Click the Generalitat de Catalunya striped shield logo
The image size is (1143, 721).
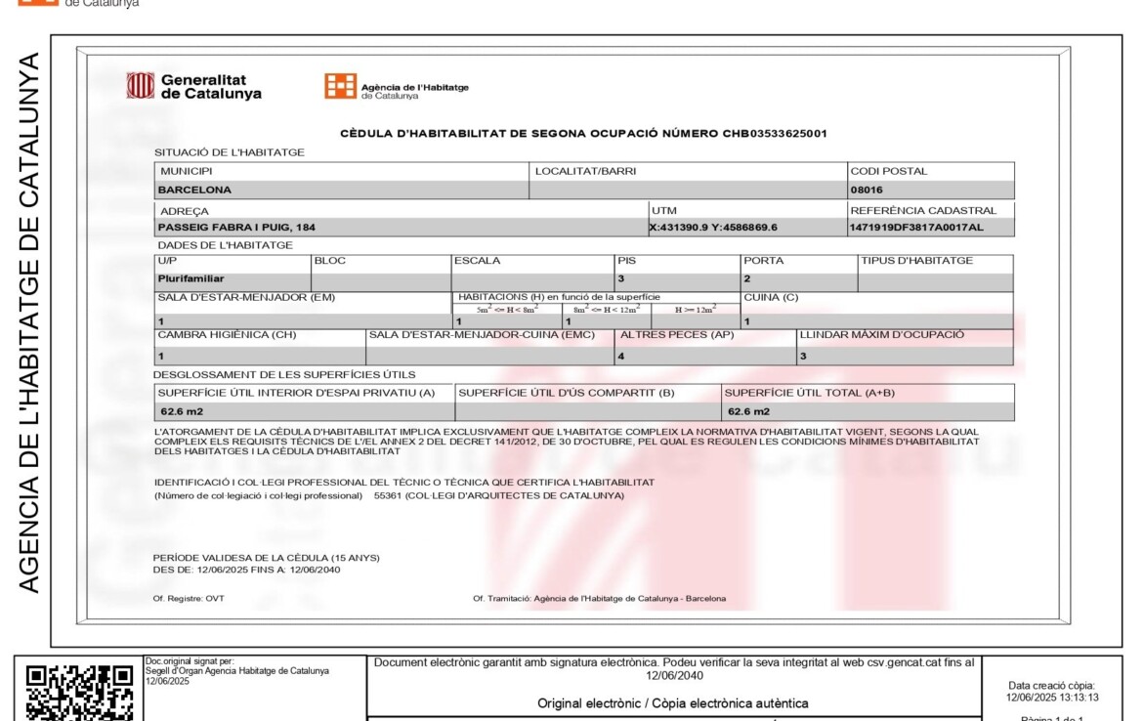point(141,86)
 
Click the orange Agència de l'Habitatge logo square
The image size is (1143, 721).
point(340,86)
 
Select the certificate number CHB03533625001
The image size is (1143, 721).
point(775,133)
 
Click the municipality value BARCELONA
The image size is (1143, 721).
point(194,190)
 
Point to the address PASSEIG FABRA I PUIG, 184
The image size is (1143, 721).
point(236,228)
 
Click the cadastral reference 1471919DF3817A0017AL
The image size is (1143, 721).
point(915,228)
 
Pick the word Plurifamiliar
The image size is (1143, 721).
point(190,278)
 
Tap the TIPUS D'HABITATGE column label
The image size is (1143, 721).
point(916,261)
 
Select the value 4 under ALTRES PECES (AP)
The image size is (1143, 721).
point(621,357)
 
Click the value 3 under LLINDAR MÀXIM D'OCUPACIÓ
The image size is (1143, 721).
point(803,357)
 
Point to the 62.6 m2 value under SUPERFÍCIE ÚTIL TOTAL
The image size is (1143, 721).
point(748,411)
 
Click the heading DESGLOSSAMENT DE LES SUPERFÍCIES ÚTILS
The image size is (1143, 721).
point(284,374)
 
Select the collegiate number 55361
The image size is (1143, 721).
point(388,495)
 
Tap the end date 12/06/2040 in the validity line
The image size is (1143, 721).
point(314,569)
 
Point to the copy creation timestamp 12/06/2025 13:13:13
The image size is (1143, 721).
point(1052,698)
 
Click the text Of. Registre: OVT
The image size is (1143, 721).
point(189,598)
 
